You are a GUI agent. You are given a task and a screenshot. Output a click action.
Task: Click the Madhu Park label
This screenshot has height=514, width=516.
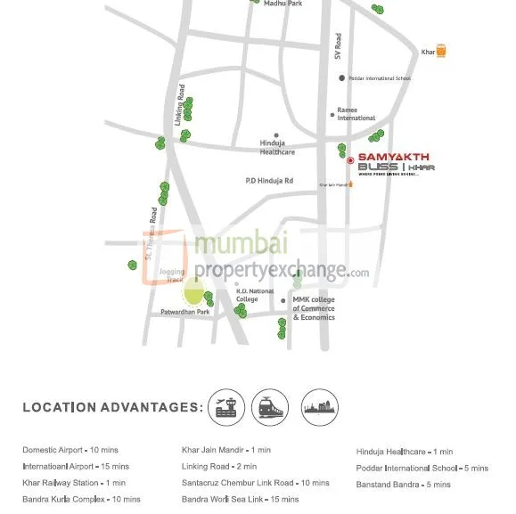(x=283, y=4)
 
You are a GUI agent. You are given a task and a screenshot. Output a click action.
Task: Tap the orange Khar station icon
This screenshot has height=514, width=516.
(x=441, y=52)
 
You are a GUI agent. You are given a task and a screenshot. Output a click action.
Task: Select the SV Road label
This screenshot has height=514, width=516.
(x=338, y=47)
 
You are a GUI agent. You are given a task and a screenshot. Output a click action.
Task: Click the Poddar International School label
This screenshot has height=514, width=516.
(x=380, y=78)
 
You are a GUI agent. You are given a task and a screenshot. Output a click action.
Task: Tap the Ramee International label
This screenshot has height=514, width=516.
(x=356, y=114)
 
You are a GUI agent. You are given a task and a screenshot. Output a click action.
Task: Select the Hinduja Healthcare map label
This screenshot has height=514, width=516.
(x=277, y=147)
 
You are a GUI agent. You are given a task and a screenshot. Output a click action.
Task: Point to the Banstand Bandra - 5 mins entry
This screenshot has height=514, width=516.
(x=403, y=485)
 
